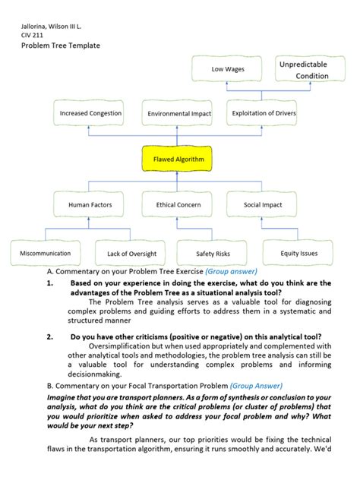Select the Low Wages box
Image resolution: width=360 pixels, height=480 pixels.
(229, 70)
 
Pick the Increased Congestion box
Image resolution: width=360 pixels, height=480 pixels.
(90, 114)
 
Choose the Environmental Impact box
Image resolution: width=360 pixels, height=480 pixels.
(179, 114)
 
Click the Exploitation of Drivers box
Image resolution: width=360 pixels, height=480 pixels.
(264, 114)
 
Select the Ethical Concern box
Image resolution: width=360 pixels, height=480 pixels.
(178, 205)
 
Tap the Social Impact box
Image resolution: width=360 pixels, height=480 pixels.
(264, 205)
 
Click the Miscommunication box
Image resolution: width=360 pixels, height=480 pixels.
(46, 253)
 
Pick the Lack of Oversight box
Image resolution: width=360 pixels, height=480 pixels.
(131, 253)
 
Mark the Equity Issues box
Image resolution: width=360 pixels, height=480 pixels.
(299, 253)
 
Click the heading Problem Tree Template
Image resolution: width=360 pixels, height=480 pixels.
(60, 46)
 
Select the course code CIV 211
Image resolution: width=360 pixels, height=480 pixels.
(32, 36)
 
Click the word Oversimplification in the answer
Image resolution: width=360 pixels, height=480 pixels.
(123, 346)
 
